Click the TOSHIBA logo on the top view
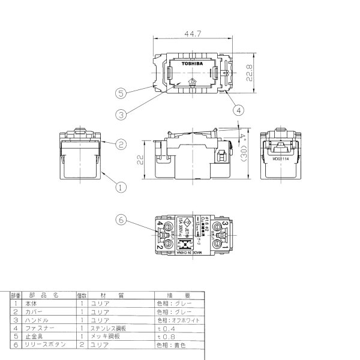click(192, 62)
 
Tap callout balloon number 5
click(122, 93)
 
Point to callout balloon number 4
click(238, 110)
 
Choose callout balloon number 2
click(121, 145)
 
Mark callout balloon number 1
click(121, 187)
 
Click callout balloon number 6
click(122, 220)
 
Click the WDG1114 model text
click(280, 160)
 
